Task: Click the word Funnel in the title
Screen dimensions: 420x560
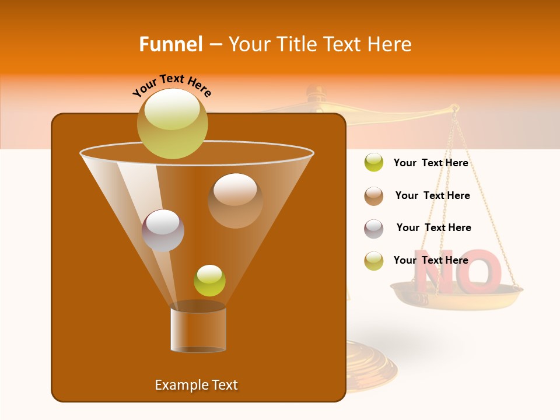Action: [170, 44]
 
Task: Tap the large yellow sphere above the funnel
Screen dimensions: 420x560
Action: [172, 123]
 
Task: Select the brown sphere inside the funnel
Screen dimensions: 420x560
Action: [235, 201]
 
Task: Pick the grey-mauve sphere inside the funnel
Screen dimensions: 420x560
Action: [163, 230]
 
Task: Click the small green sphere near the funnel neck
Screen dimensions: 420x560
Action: [209, 281]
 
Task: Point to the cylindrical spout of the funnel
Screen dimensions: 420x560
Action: [198, 330]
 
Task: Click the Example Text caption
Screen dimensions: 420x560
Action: [196, 385]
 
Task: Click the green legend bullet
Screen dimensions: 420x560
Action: [374, 162]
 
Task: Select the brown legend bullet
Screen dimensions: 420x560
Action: [374, 195]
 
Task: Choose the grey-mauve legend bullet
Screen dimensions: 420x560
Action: [374, 228]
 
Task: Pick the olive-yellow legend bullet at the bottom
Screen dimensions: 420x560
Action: [374, 260]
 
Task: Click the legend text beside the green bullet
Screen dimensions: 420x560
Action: [430, 163]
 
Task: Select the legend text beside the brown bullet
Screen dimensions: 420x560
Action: [432, 195]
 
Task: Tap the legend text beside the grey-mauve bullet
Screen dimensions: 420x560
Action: [433, 228]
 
